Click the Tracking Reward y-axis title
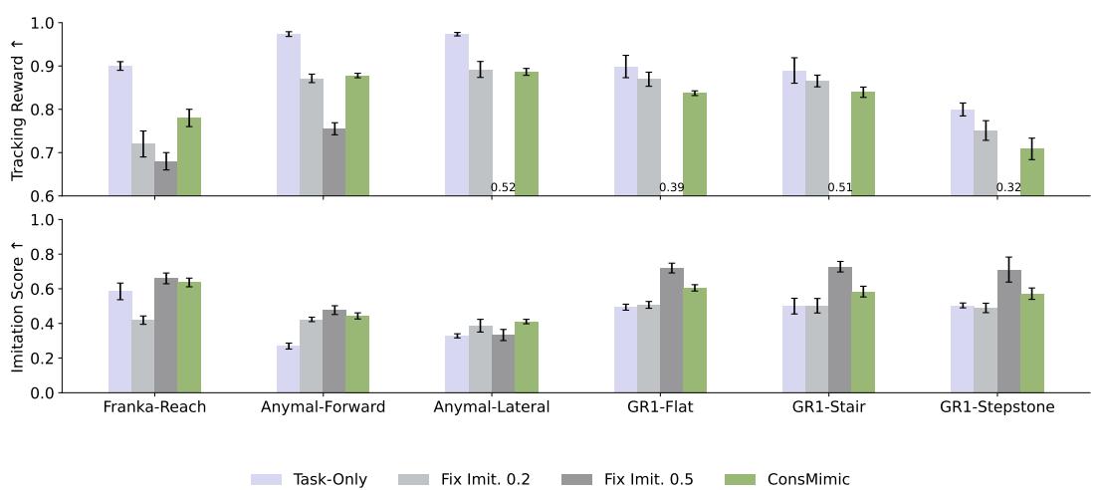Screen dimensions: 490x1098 coord(17,109)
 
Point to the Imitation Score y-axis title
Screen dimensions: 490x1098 coord(17,306)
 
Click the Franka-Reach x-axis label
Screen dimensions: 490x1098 coord(154,408)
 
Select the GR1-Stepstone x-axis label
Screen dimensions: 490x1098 coord(997,408)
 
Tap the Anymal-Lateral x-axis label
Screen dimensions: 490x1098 coord(492,408)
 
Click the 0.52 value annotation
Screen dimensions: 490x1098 coord(503,187)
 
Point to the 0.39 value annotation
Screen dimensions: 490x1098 coord(671,187)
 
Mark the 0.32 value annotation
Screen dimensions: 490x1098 coord(1008,187)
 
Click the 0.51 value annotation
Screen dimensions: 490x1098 coord(839,187)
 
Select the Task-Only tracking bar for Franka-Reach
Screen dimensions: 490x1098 coord(120,130)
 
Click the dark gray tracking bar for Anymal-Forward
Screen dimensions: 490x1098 coord(334,161)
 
